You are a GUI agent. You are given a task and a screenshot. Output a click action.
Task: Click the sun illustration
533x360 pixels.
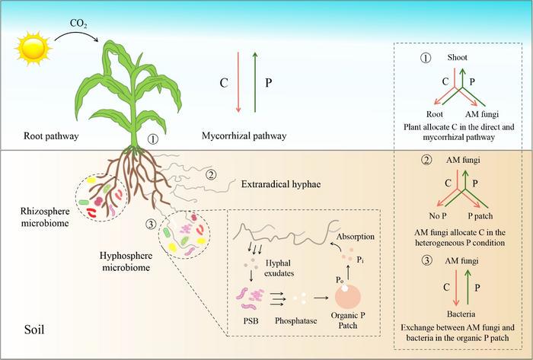33,49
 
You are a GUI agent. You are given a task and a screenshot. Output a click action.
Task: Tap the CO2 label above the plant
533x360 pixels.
78,24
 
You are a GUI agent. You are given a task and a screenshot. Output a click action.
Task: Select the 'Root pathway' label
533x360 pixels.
51,136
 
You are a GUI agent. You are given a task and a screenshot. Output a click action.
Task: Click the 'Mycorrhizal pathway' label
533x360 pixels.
244,136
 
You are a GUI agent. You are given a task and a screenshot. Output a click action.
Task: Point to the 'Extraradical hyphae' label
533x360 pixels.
281,184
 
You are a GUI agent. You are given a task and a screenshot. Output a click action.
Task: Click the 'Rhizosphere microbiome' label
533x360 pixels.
45,217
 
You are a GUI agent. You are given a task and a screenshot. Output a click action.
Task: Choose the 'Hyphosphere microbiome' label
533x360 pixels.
126,262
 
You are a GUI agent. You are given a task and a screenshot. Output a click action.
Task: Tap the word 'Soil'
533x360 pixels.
34,330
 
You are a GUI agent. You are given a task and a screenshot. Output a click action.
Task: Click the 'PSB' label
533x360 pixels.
251,320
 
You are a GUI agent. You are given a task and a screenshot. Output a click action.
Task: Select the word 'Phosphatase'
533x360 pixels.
295,321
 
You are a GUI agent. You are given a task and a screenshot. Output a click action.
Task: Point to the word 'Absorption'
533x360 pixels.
356,237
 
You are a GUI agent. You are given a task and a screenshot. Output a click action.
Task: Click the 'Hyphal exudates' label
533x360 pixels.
279,268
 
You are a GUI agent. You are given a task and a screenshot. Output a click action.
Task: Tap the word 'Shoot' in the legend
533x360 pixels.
457,57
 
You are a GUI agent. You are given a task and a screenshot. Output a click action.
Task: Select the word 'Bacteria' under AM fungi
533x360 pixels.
461,314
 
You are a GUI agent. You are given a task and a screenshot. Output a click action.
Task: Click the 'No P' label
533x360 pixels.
438,216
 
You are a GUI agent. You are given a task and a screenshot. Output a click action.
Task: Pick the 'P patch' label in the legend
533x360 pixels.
480,216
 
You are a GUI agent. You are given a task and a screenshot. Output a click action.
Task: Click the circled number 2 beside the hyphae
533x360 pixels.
211,175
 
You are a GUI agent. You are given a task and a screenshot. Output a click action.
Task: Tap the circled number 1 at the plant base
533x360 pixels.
152,139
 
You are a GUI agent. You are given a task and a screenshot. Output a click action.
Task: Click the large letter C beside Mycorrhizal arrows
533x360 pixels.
224,83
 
